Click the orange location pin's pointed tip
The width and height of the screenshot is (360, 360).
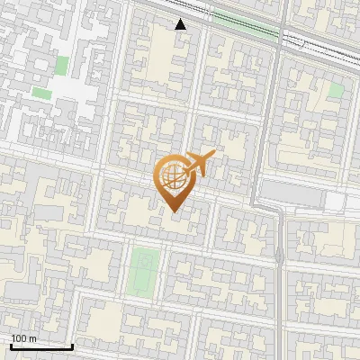click(171, 211)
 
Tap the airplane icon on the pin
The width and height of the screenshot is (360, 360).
click(199, 164)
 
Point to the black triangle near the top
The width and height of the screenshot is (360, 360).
click(181, 24)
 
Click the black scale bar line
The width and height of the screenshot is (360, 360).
click(41, 346)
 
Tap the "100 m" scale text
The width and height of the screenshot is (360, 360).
click(23, 338)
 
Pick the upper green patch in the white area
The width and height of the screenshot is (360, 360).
click(62, 66)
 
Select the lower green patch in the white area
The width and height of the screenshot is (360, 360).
click(42, 92)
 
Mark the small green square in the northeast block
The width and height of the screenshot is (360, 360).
click(336, 90)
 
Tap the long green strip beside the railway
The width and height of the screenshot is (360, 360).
click(243, 24)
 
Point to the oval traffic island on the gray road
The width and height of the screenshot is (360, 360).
click(279, 256)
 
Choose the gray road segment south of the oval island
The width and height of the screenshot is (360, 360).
click(280, 306)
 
